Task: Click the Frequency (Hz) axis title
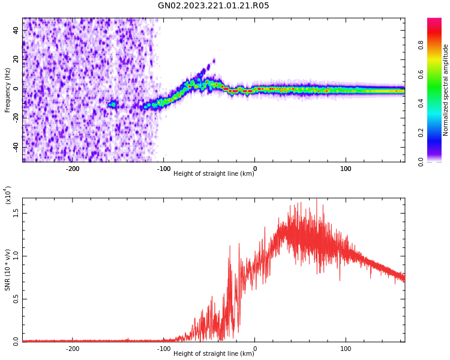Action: [8, 90]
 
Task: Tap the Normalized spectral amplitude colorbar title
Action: [446, 90]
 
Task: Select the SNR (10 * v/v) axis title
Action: [8, 270]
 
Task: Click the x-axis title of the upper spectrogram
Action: [214, 174]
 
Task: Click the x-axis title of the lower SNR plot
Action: [214, 353]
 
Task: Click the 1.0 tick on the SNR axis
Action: [16, 256]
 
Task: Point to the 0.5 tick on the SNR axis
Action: [16, 299]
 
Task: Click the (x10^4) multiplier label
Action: [8, 195]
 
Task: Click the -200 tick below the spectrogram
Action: [72, 169]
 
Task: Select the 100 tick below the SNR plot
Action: [346, 348]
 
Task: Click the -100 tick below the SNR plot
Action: [163, 348]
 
